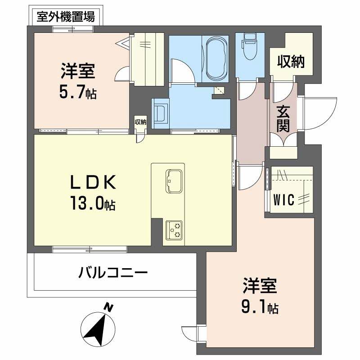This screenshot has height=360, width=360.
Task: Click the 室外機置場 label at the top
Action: pyautogui.click(x=66, y=18)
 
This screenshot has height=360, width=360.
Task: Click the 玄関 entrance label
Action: pyautogui.click(x=283, y=118)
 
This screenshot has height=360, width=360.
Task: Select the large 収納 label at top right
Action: pyautogui.click(x=291, y=62)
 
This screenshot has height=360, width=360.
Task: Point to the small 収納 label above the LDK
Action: pyautogui.click(x=140, y=121)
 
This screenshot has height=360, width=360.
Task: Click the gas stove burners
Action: pyautogui.click(x=174, y=230)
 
